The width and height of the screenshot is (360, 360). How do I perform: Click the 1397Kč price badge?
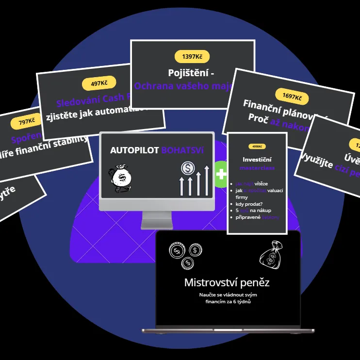click(192, 57)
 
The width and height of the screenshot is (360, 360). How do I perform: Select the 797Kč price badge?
click(27, 122)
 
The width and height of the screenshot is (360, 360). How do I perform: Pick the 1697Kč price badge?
click(292, 97)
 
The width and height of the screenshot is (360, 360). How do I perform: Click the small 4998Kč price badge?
click(257, 146)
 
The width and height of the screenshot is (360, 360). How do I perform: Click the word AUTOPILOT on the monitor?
click(134, 150)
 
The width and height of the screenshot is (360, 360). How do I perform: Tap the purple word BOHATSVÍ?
click(182, 150)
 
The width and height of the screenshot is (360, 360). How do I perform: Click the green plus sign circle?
click(220, 174)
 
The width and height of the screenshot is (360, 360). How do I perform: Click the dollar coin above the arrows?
click(187, 168)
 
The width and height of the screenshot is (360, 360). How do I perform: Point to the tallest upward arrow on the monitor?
click(207, 180)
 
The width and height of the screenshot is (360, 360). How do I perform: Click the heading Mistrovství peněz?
click(227, 282)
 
